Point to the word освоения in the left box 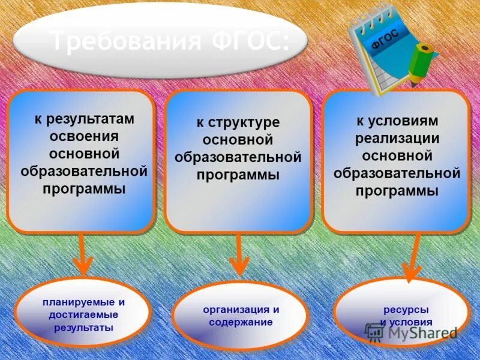coord(84,136)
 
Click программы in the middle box coord(238,175)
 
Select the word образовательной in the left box coord(84,171)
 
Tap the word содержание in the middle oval coord(241,322)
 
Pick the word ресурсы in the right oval coord(406,310)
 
